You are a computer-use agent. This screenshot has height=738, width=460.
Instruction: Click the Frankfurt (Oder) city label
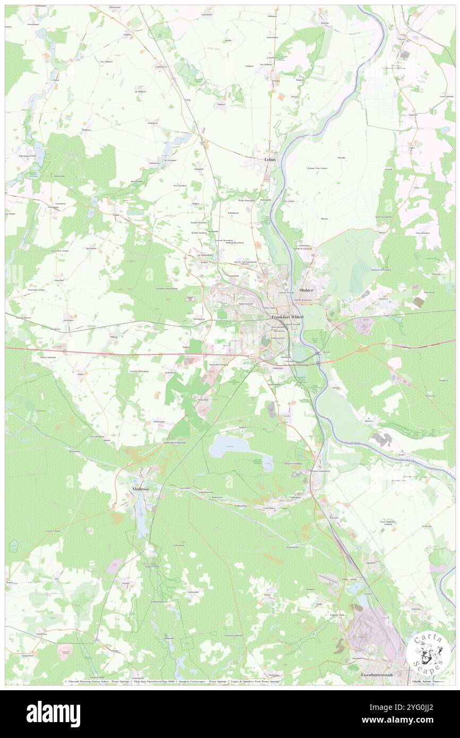click(x=287, y=317)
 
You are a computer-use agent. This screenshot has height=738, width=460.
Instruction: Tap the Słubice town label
click(x=308, y=290)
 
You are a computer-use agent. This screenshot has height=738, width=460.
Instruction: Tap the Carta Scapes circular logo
click(x=428, y=652)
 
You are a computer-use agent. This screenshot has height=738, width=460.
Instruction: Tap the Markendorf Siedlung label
click(x=218, y=365)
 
